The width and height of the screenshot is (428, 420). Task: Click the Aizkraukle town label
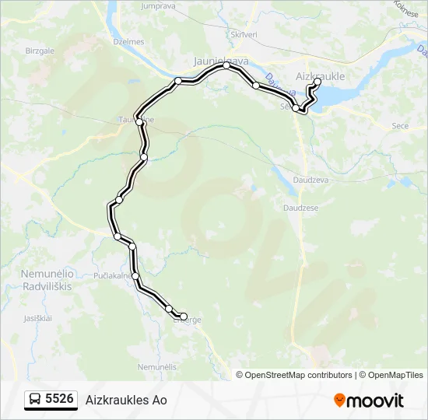[321, 76]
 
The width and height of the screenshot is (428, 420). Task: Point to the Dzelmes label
[129, 42]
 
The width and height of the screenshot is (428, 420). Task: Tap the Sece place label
[400, 125]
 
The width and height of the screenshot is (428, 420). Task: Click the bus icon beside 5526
[35, 400]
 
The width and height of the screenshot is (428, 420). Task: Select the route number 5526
[60, 400]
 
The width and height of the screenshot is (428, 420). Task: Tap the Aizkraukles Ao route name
[126, 400]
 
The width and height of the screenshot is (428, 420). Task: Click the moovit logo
[369, 400]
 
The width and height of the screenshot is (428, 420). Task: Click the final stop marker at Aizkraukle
[317, 82]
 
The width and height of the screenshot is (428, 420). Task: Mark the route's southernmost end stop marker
[184, 317]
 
